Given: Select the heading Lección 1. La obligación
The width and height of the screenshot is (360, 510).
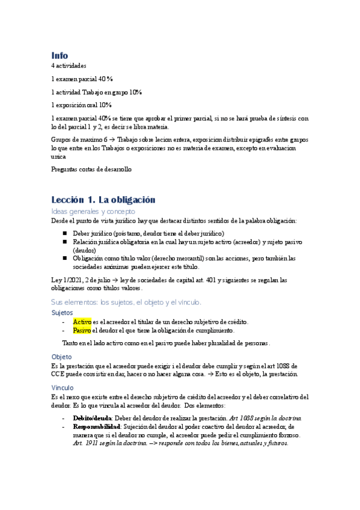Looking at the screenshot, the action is coord(103,200).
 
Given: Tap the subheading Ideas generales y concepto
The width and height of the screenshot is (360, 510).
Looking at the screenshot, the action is coord(93,212).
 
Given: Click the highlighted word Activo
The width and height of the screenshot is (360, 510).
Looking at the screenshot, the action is coord(82,322).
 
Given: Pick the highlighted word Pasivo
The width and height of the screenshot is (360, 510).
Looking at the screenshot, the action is coord(82,330).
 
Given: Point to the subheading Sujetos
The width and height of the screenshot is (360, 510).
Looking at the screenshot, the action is coord(63,313).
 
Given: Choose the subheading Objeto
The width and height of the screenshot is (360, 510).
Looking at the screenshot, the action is coord(61,357).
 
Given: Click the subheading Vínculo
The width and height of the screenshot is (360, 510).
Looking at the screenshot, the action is coord(63,388).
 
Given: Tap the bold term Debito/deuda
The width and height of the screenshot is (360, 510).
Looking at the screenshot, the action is coord(92,418).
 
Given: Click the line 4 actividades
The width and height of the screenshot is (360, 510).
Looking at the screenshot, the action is coord(69,66).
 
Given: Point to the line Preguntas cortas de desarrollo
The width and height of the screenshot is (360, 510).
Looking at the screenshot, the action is coord(91,169).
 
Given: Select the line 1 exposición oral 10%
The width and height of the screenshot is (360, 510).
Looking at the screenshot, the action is coord(82,105).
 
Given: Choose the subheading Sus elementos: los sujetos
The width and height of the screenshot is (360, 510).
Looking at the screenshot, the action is coord(125,302).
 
